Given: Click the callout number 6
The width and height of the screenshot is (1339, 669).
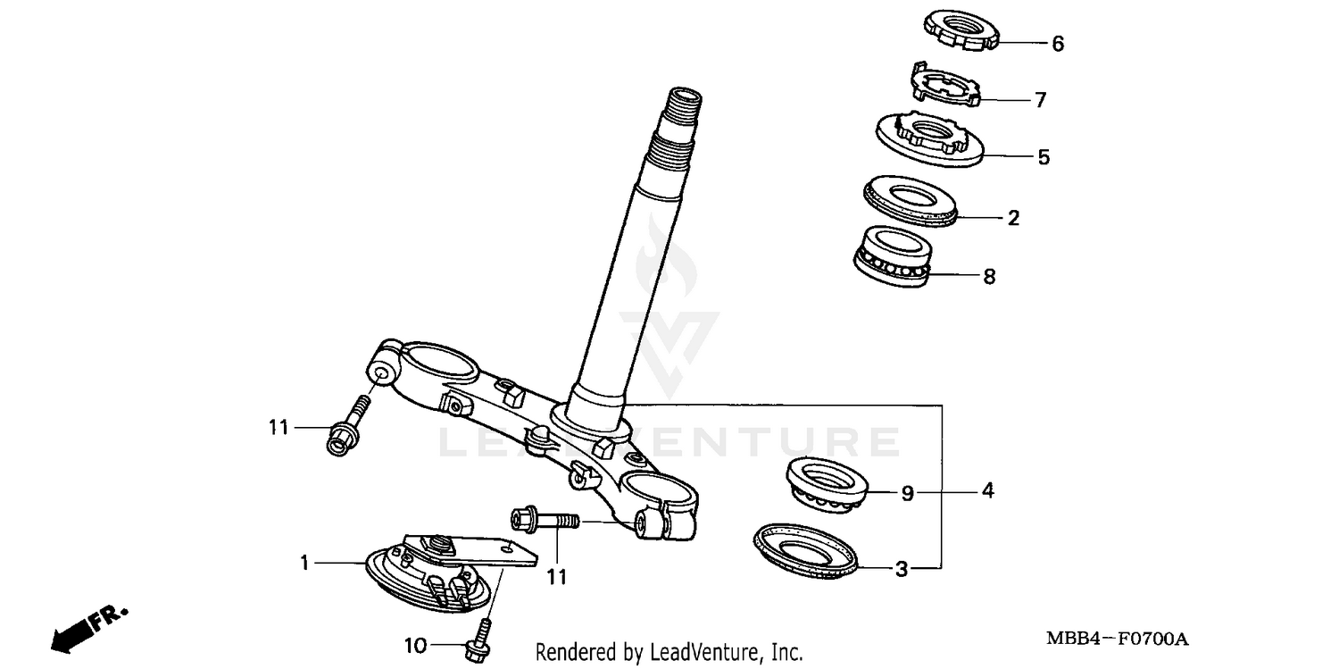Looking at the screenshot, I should coord(1058,44).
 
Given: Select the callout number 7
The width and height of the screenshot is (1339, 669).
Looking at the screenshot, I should coord(1040,100).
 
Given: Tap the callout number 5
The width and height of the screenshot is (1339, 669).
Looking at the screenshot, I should coord(1044,158).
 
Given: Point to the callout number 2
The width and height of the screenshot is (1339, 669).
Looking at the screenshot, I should coord(1013,218).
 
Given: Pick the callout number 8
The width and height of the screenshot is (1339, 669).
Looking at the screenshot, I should coord(988,277).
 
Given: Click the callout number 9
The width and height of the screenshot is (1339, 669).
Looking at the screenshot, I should coord(907,493).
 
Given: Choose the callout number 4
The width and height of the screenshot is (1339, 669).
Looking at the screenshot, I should coord(987,490).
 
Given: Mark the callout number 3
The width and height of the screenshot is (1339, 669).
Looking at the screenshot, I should coord(902,569).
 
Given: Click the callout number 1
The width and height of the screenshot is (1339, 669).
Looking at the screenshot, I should coord(304,563).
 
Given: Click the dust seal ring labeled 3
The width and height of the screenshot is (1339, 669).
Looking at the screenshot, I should coord(807,553).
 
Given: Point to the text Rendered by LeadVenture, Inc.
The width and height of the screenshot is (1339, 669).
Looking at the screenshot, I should coord(669,652).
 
